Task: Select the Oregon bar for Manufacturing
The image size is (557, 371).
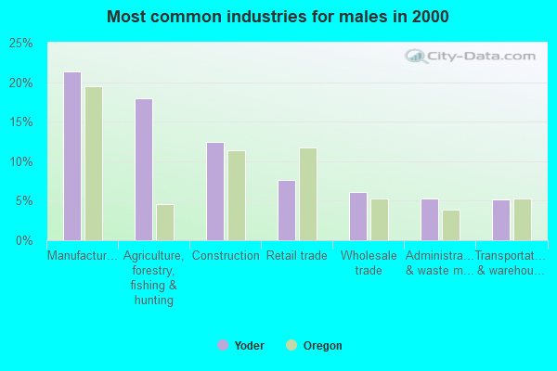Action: tap(94, 163)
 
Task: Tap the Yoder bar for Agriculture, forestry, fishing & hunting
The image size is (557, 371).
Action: tap(144, 170)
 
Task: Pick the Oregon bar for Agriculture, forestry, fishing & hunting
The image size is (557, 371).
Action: tap(165, 223)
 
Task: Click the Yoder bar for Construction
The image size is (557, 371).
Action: tap(215, 191)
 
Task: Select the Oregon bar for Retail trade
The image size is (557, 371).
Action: tap(308, 194)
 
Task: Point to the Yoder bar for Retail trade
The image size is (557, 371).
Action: tap(287, 211)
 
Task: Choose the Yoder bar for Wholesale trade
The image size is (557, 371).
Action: tap(358, 216)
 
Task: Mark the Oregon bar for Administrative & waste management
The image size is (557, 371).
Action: tap(451, 225)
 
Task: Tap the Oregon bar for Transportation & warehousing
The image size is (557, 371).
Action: tap(523, 220)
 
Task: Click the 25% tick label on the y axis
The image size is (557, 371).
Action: tap(20, 44)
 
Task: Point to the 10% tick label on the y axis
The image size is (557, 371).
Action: tap(20, 162)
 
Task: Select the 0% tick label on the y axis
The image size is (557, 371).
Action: tap(24, 241)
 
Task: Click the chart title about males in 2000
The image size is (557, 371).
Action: tap(278, 17)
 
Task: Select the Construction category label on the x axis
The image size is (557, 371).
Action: tap(225, 256)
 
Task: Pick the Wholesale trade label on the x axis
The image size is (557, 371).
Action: tap(369, 263)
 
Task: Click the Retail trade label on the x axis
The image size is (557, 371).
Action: tap(296, 256)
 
